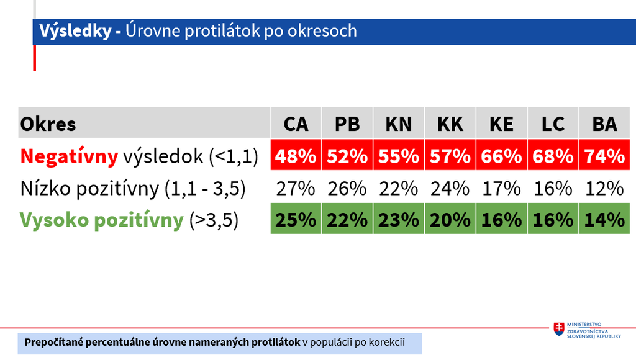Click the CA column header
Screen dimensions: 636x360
pyautogui.click(x=296, y=123)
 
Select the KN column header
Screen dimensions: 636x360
pyautogui.click(x=399, y=123)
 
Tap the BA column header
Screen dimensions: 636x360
pyautogui.click(x=604, y=123)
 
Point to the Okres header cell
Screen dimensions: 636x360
pyautogui.click(x=144, y=123)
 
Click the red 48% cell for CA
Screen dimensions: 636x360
pyautogui.click(x=296, y=155)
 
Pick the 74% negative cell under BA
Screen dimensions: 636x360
pyautogui.click(x=604, y=155)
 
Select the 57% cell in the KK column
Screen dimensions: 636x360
pyautogui.click(x=450, y=155)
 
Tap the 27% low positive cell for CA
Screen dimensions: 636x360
pyautogui.click(x=296, y=189)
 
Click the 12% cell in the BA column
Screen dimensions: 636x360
pyautogui.click(x=604, y=189)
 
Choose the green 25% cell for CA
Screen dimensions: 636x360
pyautogui.click(x=296, y=218)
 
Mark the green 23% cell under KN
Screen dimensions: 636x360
pyautogui.click(x=399, y=218)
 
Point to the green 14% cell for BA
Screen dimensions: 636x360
pyautogui.click(x=604, y=218)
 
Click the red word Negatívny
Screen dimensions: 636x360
pyautogui.click(x=69, y=156)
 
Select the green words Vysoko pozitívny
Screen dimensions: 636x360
pyautogui.click(x=102, y=220)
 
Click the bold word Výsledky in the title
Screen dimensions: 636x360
pyautogui.click(x=75, y=31)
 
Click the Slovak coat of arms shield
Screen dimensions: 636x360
pyautogui.click(x=559, y=329)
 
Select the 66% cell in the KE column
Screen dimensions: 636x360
pyautogui.click(x=501, y=155)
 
